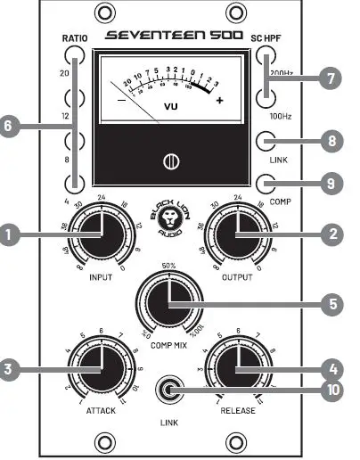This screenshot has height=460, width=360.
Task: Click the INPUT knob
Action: coord(101,235)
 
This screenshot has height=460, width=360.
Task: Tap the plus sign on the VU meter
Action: coord(220,100)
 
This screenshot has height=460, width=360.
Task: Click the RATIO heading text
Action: coord(75,38)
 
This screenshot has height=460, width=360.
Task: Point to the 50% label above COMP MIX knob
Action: coord(169,265)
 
